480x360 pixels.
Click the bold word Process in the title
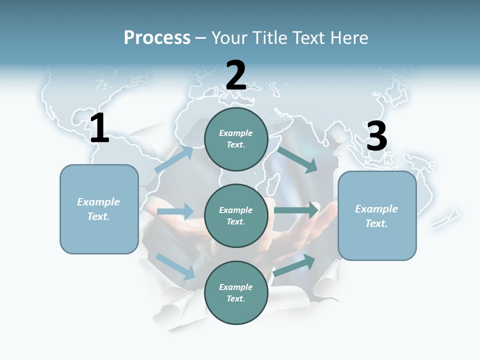(157, 38)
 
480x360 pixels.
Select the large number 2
(236, 75)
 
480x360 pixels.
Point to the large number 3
(376, 136)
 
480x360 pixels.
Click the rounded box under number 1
(99, 209)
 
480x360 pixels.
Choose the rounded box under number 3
(377, 216)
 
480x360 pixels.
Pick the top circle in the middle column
(236, 139)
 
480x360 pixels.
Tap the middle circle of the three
(236, 216)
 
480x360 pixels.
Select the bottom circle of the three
(236, 293)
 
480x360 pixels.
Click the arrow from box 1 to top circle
(173, 159)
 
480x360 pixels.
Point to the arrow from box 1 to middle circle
(175, 211)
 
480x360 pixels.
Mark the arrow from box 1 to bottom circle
(175, 266)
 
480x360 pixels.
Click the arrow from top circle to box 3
(297, 159)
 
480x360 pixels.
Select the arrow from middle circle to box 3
(296, 210)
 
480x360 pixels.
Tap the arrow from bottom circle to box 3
(294, 265)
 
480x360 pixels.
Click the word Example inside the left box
(98, 202)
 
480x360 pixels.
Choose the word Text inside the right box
(376, 223)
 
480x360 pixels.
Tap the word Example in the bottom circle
(235, 287)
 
